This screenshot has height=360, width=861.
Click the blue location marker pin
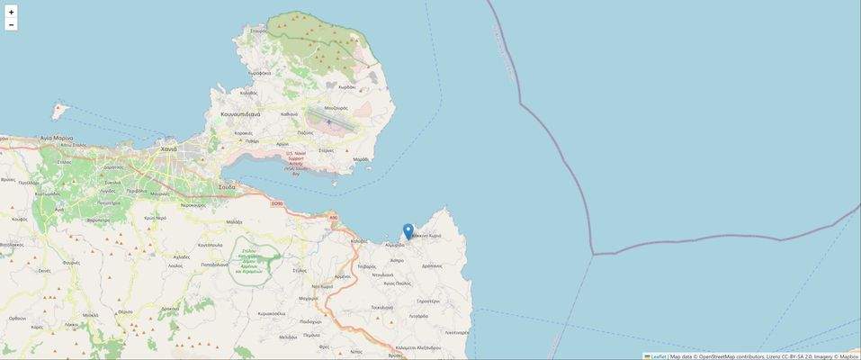tap(408, 231)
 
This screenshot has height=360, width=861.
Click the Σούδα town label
tap(227, 186)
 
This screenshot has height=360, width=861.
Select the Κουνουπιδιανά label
tap(240, 114)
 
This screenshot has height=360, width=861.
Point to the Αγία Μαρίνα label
tap(57, 138)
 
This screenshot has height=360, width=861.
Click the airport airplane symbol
tap(329, 121)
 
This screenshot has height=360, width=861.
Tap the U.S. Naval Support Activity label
tap(296, 161)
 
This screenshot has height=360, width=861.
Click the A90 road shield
tap(333, 217)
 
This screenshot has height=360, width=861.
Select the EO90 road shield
tap(276, 202)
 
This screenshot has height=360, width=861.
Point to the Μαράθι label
tap(361, 159)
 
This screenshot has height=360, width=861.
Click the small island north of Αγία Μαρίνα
tap(60, 111)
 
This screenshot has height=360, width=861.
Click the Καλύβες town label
tap(360, 241)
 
